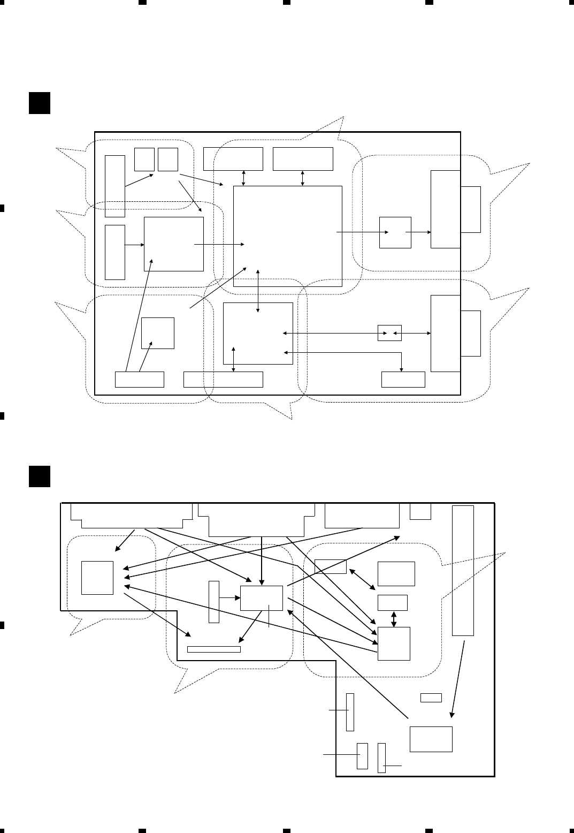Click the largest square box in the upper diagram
pyautogui.click(x=288, y=236)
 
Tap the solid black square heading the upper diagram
pyautogui.click(x=39, y=103)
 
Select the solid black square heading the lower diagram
pyautogui.click(x=39, y=476)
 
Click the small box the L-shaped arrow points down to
pyautogui.click(x=403, y=379)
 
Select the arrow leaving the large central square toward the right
pyautogui.click(x=362, y=232)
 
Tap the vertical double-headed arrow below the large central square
pyautogui.click(x=258, y=290)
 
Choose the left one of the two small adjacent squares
pyautogui.click(x=144, y=159)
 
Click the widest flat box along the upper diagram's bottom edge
pyautogui.click(x=223, y=379)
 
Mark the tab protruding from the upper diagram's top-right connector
pyautogui.click(x=470, y=209)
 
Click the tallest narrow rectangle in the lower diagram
pyautogui.click(x=463, y=570)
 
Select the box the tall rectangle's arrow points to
pyautogui.click(x=431, y=739)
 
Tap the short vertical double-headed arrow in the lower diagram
pyautogui.click(x=394, y=618)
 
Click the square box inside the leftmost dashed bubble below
pyautogui.click(x=97, y=578)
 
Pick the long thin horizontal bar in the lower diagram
pyautogui.click(x=214, y=649)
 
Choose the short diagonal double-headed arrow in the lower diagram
pyautogui.click(x=362, y=580)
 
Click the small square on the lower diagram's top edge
pyautogui.click(x=420, y=511)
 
